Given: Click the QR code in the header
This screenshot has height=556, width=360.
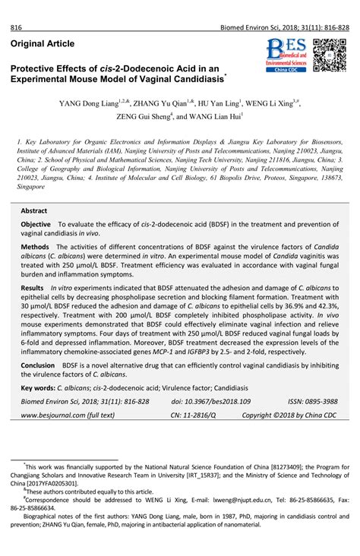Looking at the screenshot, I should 329,55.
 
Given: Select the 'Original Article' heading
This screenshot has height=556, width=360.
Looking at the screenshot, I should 43,45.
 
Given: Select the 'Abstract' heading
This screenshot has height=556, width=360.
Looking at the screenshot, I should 34,210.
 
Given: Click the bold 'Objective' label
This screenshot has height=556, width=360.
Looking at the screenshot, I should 36,226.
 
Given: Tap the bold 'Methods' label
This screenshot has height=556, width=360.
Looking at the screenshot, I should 34,248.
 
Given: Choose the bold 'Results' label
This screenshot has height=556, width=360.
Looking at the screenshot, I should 32,289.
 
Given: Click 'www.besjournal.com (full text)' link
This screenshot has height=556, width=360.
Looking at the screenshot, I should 68,415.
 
